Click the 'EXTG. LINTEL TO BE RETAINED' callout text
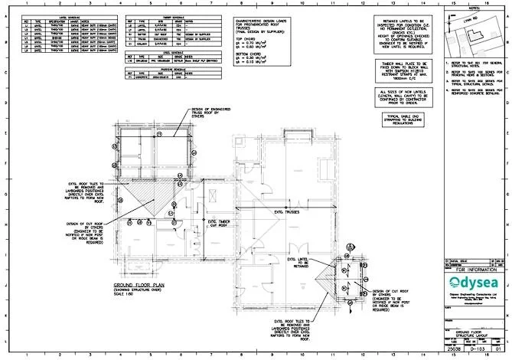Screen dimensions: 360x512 (x=298, y=263)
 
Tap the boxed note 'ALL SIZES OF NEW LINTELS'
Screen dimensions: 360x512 (x=403, y=97)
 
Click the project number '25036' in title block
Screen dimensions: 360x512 (x=452, y=349)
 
